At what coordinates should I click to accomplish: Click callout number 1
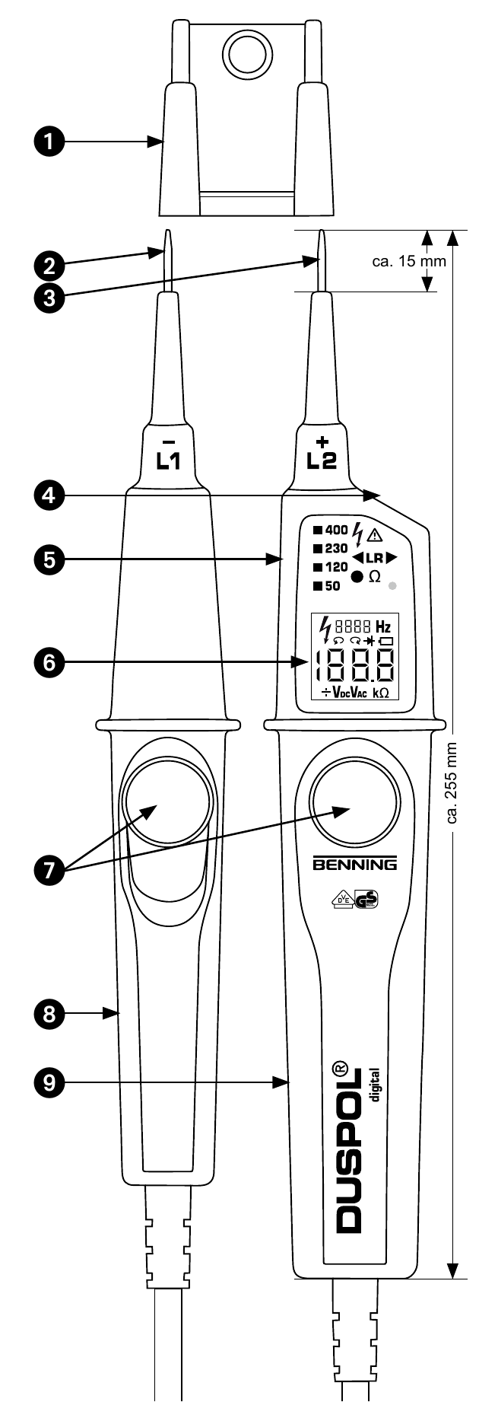49,142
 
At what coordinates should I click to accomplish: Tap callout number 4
49,496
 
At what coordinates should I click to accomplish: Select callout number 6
49,662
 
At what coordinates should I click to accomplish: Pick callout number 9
49,1082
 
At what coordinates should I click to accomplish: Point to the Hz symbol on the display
383,628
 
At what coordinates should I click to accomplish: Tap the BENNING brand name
355,865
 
